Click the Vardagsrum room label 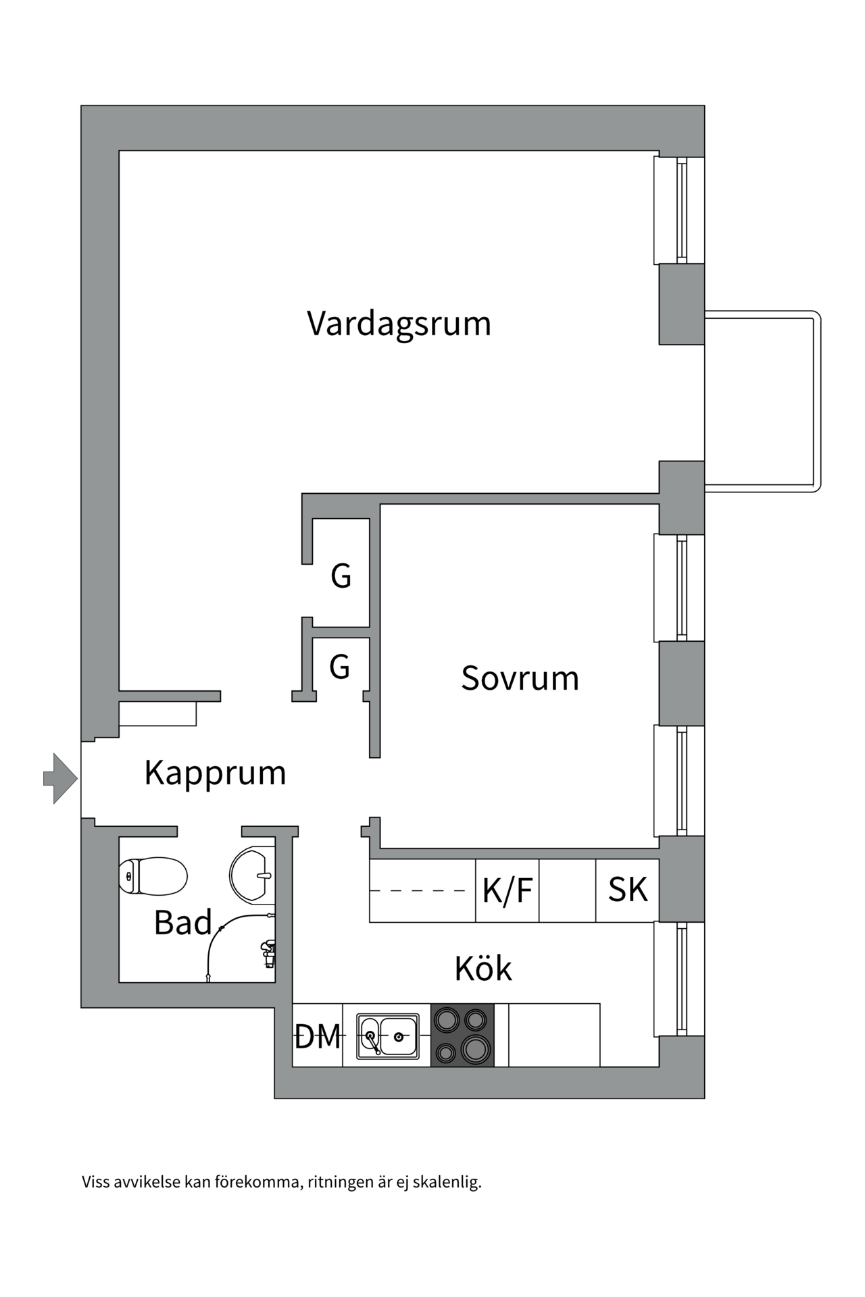[x=399, y=324]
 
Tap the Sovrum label [x=520, y=678]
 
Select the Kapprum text [x=215, y=773]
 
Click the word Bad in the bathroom [x=182, y=923]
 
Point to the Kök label [x=483, y=969]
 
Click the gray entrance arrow [x=61, y=779]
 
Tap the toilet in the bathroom [x=153, y=876]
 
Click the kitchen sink [x=387, y=1036]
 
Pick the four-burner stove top [x=462, y=1035]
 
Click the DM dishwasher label [x=318, y=1036]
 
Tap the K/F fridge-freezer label [x=507, y=890]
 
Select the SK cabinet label [x=627, y=890]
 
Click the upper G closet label [x=341, y=577]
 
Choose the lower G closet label [x=339, y=667]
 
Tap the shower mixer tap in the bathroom [x=268, y=952]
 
